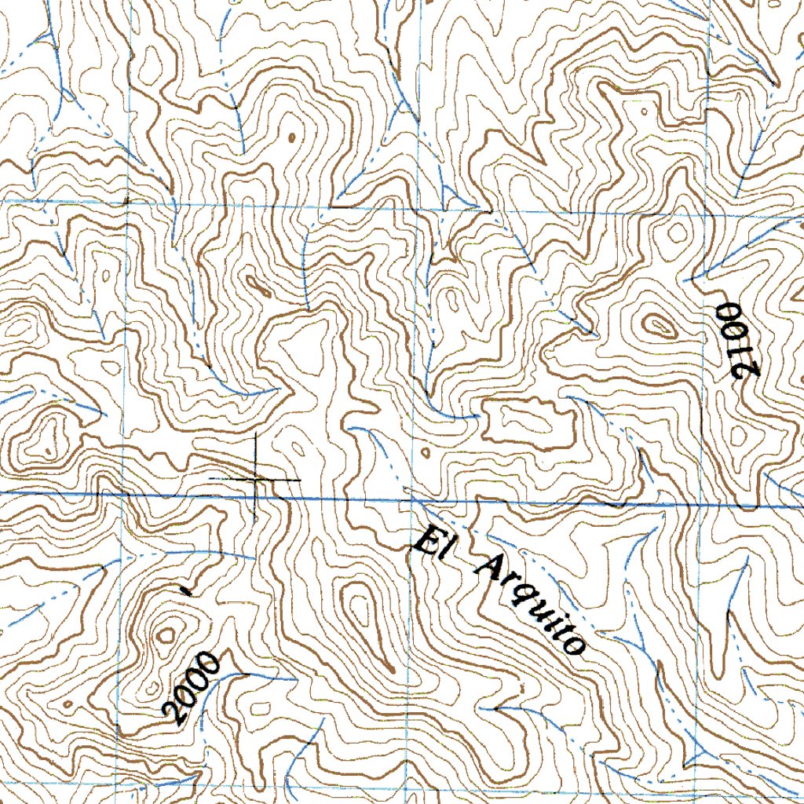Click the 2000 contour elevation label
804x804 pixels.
click(192, 688)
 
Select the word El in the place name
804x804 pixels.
click(429, 545)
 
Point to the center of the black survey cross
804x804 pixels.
click(257, 478)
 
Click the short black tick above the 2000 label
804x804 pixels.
click(185, 588)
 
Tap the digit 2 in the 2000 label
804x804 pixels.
click(174, 713)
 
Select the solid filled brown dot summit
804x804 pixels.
click(291, 137)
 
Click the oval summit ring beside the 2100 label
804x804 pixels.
click(656, 323)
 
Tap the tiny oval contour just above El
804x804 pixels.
click(425, 454)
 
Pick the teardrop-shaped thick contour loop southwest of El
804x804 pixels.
click(362, 608)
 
